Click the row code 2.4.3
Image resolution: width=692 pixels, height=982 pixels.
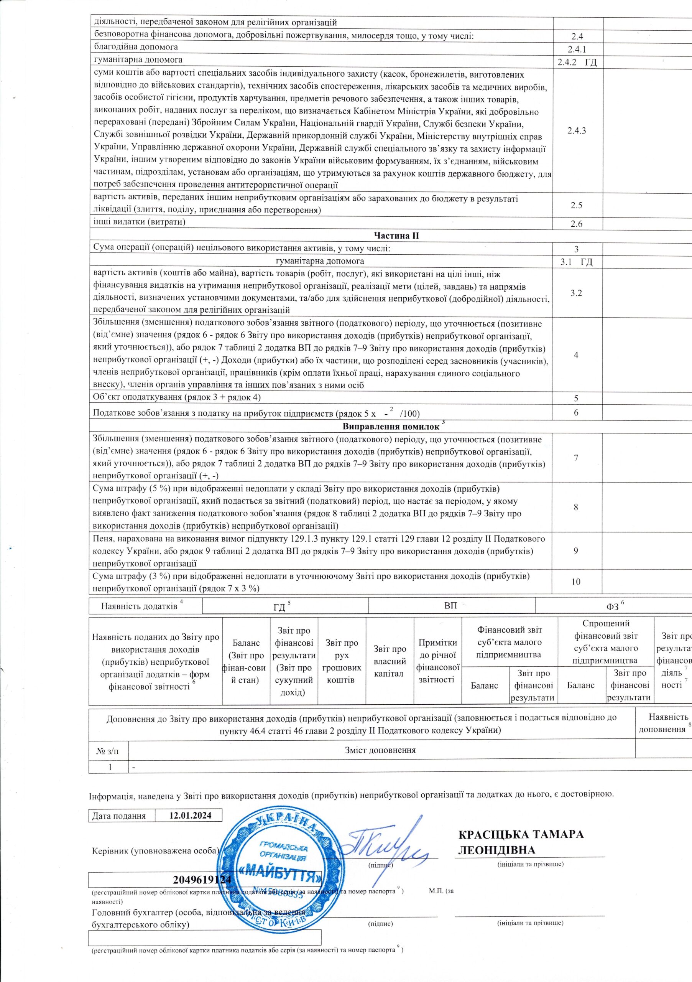pos(576,131)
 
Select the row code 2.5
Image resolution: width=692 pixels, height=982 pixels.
pos(576,205)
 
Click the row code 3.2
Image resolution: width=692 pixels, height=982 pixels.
pos(576,293)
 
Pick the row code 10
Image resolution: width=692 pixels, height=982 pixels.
pos(576,582)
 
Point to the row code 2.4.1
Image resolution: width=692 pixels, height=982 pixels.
pos(576,49)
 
